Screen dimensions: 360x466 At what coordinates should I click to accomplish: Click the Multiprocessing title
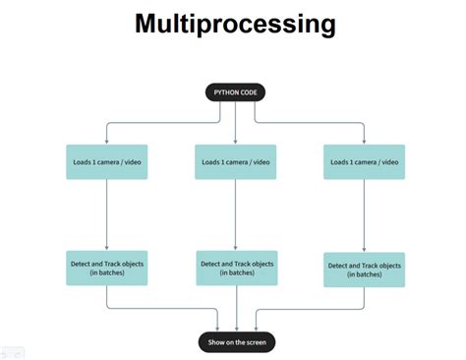pyautogui.click(x=234, y=23)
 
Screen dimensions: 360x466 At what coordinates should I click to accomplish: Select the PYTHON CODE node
pyautogui.click(x=235, y=92)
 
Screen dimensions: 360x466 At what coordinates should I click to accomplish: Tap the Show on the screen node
pyautogui.click(x=236, y=341)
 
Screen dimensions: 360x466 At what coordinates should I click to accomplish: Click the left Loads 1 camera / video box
pyautogui.click(x=106, y=161)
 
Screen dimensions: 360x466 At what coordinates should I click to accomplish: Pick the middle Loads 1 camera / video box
pyautogui.click(x=235, y=161)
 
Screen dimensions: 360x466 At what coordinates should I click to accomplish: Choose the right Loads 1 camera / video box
pyautogui.click(x=365, y=161)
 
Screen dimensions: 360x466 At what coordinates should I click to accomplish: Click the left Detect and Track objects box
pyautogui.click(x=106, y=269)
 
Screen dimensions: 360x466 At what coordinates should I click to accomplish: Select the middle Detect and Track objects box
pyautogui.click(x=236, y=269)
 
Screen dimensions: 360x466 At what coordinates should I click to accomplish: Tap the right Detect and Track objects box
pyautogui.click(x=365, y=270)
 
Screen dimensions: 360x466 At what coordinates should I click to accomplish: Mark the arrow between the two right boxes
pyautogui.click(x=365, y=215)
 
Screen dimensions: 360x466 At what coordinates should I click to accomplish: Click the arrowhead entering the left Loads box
pyautogui.click(x=106, y=141)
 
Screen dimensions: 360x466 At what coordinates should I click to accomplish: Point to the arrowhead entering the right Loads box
pyautogui.click(x=365, y=141)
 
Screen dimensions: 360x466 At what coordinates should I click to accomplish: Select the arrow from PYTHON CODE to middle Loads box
pyautogui.click(x=235, y=122)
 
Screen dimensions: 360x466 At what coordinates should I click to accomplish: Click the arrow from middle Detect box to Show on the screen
pyautogui.click(x=236, y=309)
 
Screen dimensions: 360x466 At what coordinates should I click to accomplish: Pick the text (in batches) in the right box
pyautogui.click(x=365, y=274)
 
